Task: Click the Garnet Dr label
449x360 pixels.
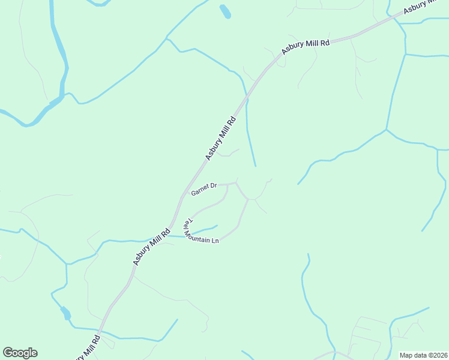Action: pyautogui.click(x=203, y=191)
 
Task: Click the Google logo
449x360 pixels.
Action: pyautogui.click(x=20, y=353)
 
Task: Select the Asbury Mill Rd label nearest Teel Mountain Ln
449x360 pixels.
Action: pyautogui.click(x=152, y=247)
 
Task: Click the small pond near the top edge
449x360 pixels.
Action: pyautogui.click(x=225, y=11)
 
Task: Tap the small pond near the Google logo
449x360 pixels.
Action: pyautogui.click(x=65, y=313)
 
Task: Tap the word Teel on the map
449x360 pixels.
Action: pyautogui.click(x=186, y=223)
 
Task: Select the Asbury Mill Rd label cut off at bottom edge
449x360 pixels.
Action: pyautogui.click(x=88, y=349)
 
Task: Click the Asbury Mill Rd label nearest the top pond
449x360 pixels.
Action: pyautogui.click(x=306, y=47)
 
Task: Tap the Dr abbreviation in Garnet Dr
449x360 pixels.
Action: pyautogui.click(x=213, y=188)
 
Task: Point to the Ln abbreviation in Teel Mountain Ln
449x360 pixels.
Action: pyautogui.click(x=215, y=241)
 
